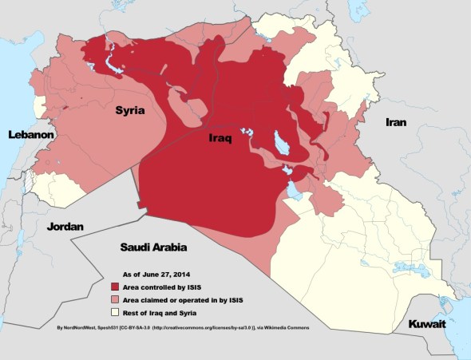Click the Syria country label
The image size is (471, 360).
129,111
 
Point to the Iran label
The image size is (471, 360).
396,123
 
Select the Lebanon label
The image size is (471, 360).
30,136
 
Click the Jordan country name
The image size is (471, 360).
65,227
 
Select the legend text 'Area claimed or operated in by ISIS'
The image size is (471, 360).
185,299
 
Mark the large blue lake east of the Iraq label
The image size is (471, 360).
281,144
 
